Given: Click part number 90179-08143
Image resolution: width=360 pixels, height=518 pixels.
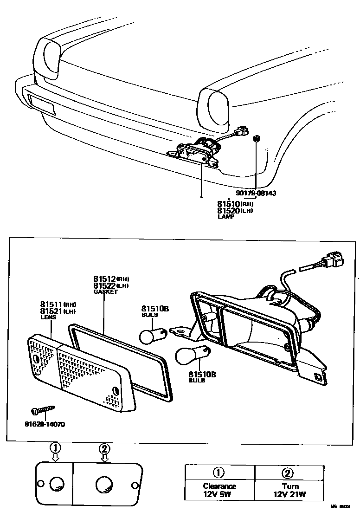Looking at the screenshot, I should click(256, 193).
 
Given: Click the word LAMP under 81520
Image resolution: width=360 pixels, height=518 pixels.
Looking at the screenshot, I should click(225, 216).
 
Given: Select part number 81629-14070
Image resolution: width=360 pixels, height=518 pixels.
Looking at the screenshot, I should click(45, 424).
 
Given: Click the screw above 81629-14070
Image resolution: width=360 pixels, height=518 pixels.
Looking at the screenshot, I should click(44, 410).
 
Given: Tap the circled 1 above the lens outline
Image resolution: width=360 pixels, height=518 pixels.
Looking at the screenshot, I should click(55, 448).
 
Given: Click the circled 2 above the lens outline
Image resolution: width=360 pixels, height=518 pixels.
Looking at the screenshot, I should click(105, 448).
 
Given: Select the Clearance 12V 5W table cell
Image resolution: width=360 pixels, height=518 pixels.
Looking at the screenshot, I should click(219, 490).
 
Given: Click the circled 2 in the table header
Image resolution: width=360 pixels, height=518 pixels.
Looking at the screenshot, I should click(288, 473).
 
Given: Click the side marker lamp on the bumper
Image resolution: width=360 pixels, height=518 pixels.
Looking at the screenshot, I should click(41, 104).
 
